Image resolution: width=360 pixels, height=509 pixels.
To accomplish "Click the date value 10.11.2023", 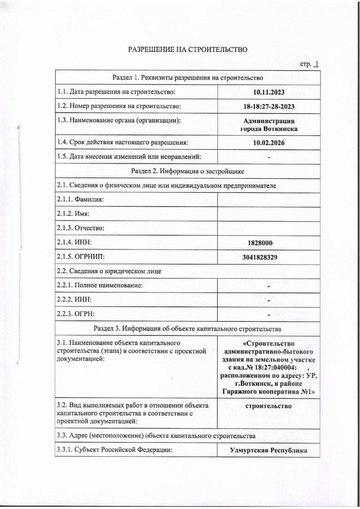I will (268, 92).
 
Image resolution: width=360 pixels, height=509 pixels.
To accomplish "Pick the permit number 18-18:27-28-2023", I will (268, 106).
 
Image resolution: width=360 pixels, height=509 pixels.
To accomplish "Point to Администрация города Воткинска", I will (268, 124).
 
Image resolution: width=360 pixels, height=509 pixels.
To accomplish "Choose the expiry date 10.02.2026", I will (268, 143).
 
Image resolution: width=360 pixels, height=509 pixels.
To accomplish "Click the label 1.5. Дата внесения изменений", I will (130, 157).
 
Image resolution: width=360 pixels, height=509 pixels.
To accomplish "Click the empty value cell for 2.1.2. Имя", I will (268, 213).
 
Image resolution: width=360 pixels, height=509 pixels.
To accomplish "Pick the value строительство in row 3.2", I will (268, 406).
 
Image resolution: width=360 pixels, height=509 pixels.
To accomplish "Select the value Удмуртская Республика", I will (268, 450).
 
